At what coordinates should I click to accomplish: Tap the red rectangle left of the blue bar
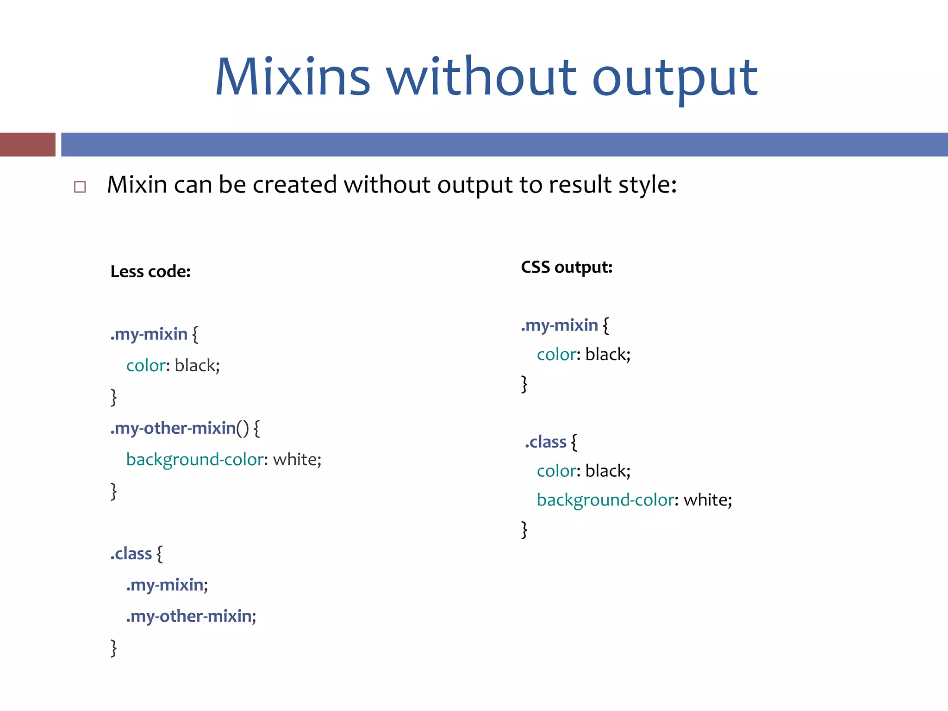(x=27, y=144)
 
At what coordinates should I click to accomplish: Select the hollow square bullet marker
(x=80, y=187)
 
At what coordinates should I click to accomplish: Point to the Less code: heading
(x=150, y=272)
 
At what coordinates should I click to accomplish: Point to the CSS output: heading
(x=567, y=268)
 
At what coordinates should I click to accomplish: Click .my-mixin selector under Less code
(x=149, y=334)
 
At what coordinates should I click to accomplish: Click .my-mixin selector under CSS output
(x=560, y=326)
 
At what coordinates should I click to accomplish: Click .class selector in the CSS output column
(x=546, y=442)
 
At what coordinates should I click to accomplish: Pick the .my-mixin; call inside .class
(x=167, y=585)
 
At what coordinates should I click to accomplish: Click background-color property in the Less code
(x=194, y=460)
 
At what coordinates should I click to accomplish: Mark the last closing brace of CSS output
(x=524, y=530)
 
